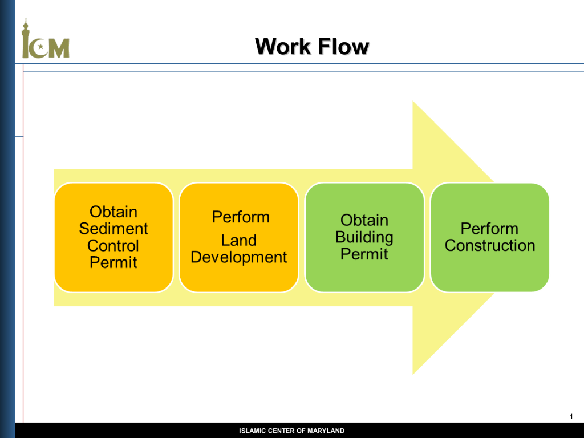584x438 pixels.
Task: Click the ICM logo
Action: tap(46, 39)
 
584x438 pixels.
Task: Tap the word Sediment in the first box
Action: tap(113, 228)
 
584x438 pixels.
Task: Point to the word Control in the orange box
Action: tap(113, 245)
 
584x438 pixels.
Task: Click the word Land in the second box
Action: tap(239, 240)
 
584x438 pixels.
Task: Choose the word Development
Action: tap(239, 257)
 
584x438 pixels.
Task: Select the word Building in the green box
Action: tap(364, 238)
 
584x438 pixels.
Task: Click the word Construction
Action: tap(490, 245)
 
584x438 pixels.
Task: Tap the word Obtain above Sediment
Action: tap(113, 212)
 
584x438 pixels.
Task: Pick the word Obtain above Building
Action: tap(364, 220)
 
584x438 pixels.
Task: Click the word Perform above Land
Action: tap(241, 217)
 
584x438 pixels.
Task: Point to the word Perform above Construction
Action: tap(489, 228)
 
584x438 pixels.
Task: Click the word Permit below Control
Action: tap(113, 262)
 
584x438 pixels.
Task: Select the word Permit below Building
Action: tap(364, 254)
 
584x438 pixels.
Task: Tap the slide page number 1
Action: tap(571, 417)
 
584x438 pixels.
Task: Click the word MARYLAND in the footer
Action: tap(326, 431)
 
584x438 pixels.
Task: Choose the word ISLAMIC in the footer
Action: tap(253, 431)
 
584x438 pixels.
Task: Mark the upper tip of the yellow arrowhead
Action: tap(413, 101)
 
